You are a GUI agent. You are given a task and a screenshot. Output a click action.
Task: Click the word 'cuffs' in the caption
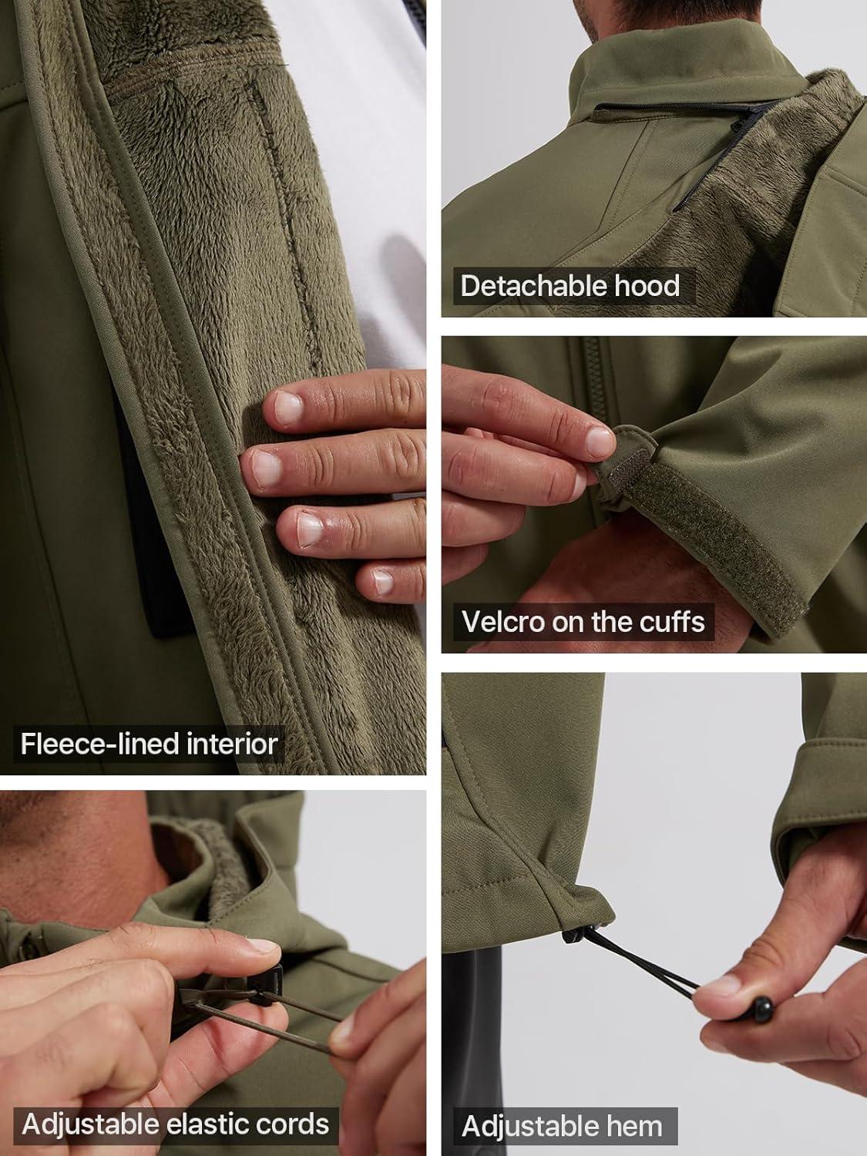click(x=672, y=621)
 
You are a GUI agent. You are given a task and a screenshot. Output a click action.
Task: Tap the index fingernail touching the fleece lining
click(x=288, y=409)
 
